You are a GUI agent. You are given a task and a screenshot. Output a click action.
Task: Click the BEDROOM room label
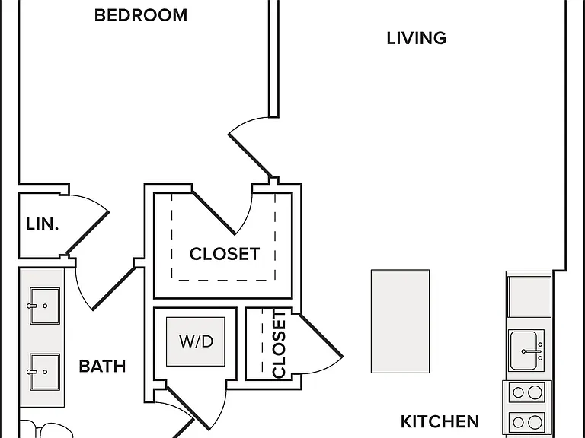pyautogui.click(x=141, y=15)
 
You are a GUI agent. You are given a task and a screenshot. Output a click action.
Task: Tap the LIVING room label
pyautogui.click(x=417, y=38)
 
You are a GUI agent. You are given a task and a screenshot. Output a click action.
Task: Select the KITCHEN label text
pyautogui.click(x=440, y=421)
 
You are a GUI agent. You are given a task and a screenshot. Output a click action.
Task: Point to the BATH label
pyautogui.click(x=102, y=366)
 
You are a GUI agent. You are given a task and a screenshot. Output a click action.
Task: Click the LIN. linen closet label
pyautogui.click(x=42, y=224)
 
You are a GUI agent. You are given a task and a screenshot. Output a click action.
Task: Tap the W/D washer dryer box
pyautogui.click(x=196, y=341)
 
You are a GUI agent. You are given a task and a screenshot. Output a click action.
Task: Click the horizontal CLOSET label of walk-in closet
pyautogui.click(x=224, y=254)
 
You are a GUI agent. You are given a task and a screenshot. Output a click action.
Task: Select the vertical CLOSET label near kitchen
pyautogui.click(x=279, y=344)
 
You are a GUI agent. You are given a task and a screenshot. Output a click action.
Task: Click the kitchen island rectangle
pyautogui.click(x=400, y=321)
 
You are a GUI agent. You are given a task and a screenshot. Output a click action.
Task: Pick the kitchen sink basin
pyautogui.click(x=526, y=351)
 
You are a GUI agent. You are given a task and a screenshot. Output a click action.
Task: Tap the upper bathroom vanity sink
pyautogui.click(x=44, y=306)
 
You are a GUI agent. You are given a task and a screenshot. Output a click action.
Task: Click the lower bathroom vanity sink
pyautogui.click(x=44, y=372)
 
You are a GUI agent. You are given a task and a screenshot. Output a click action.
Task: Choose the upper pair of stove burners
pyautogui.click(x=526, y=392)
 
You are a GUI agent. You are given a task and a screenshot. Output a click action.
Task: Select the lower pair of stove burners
pyautogui.click(x=526, y=422)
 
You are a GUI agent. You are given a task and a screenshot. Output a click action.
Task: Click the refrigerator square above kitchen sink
pyautogui.click(x=529, y=297)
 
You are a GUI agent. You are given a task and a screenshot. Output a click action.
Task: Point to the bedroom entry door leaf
pyautogui.click(x=250, y=155)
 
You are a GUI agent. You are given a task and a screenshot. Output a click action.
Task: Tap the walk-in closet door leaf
pyautogui.click(x=213, y=213)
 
